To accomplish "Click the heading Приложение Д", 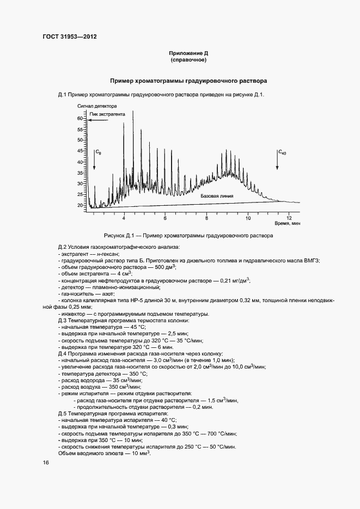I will (x=188, y=53).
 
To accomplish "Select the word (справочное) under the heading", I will (x=188, y=60).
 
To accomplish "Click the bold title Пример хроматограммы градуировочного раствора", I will (x=188, y=81).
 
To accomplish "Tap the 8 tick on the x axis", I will (x=206, y=218).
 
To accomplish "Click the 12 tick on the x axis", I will (x=289, y=218).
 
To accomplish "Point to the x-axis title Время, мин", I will (x=287, y=224).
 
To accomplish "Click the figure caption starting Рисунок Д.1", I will (x=188, y=236).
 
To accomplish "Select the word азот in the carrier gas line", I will (x=110, y=293).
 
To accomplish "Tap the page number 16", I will (x=46, y=462).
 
